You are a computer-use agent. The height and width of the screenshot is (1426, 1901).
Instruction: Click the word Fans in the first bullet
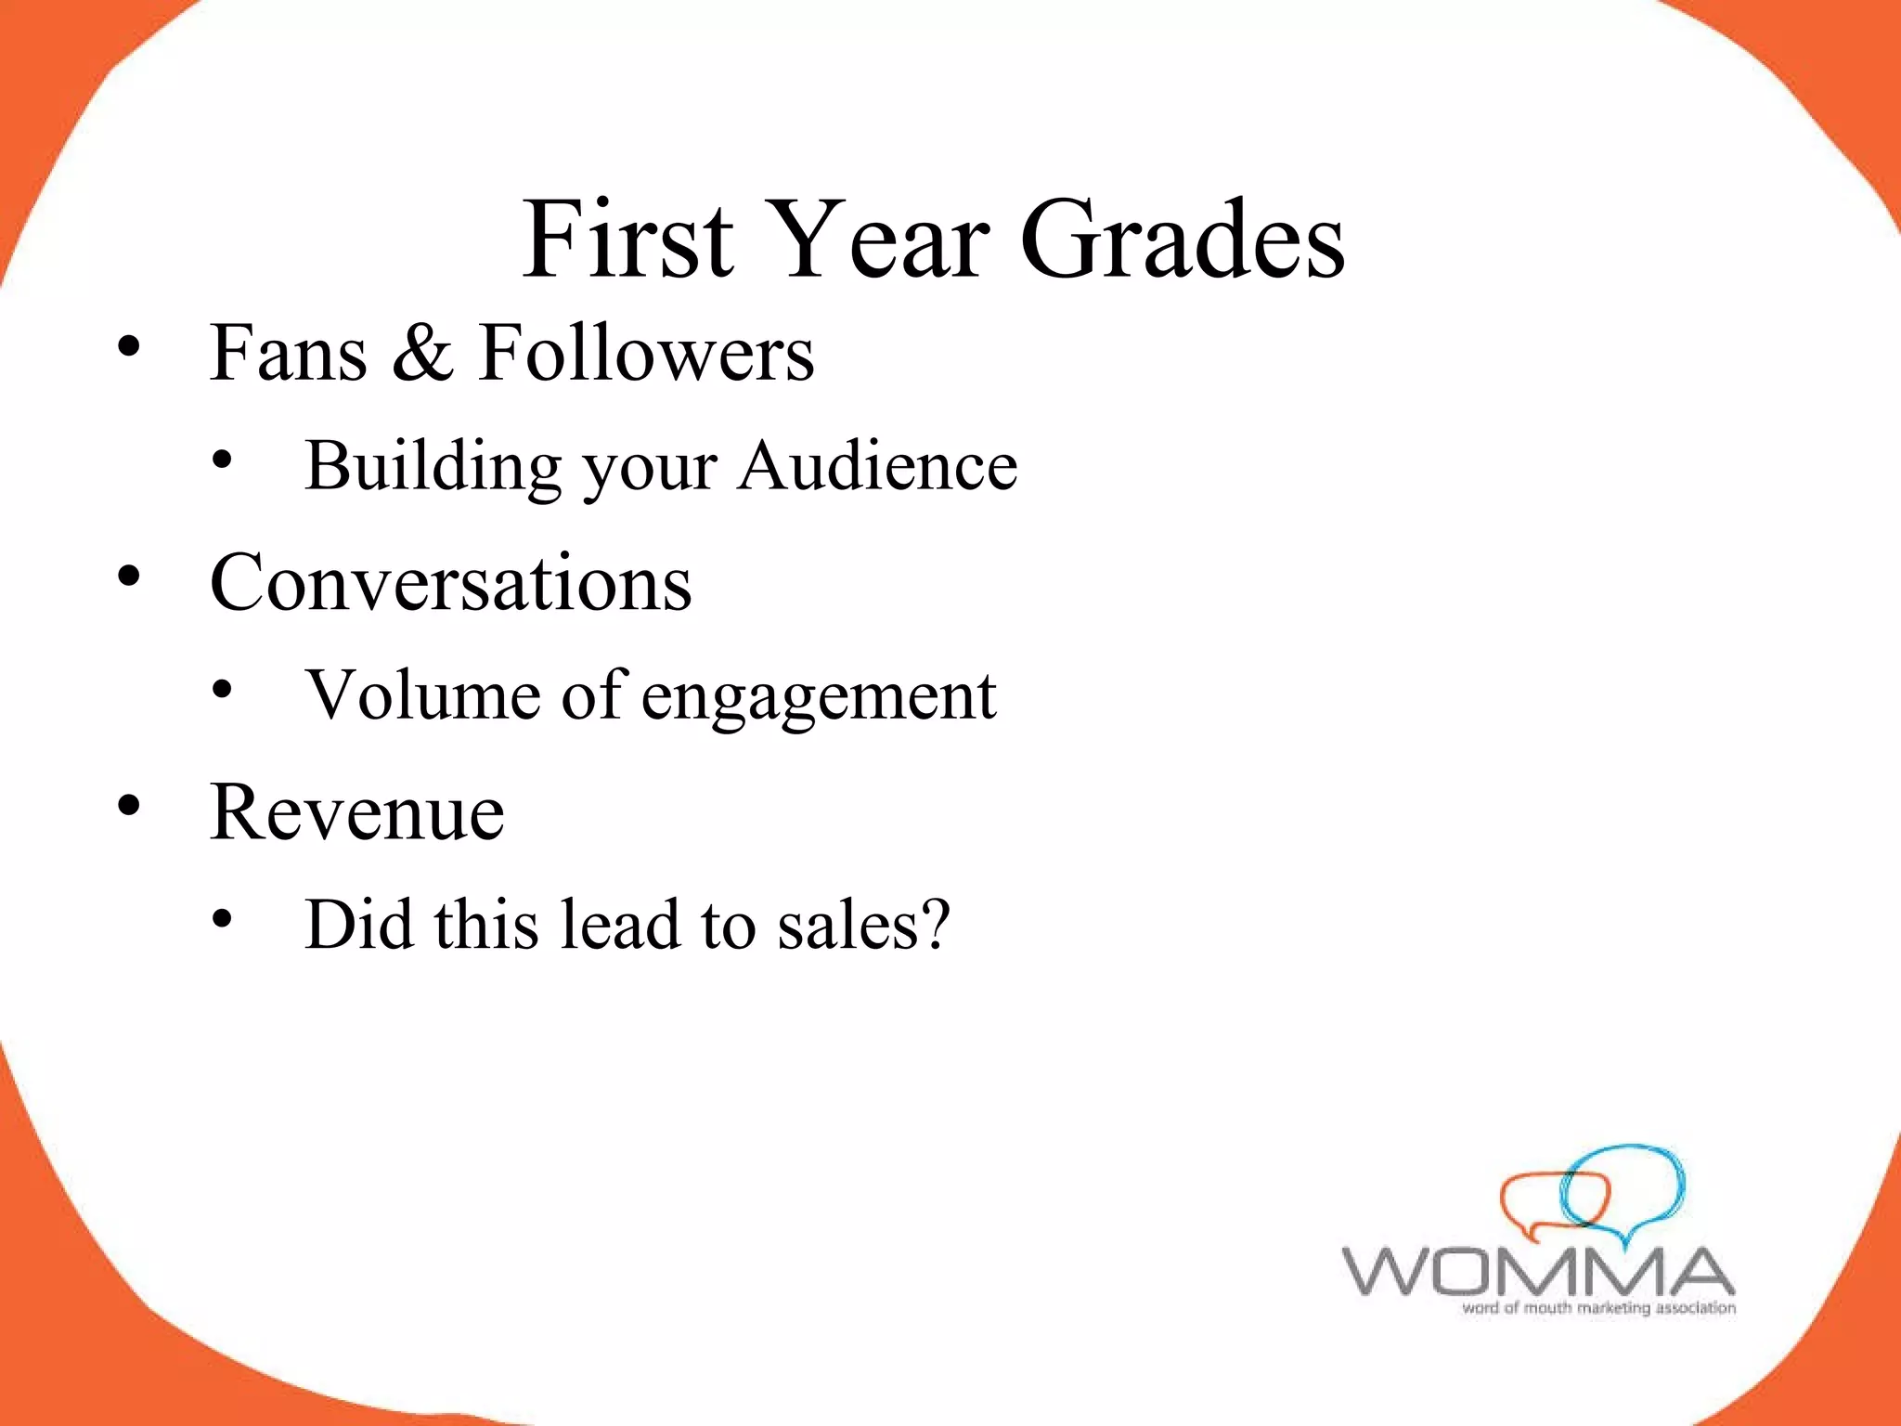(289, 353)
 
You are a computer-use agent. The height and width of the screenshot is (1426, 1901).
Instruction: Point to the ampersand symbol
(423, 353)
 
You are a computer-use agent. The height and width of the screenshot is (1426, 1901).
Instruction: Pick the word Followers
(646, 353)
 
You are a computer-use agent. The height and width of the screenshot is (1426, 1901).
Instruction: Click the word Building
(433, 466)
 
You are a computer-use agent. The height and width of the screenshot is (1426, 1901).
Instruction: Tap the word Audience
(878, 466)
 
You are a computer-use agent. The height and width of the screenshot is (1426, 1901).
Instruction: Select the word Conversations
(451, 583)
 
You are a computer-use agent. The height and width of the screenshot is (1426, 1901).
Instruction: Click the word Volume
(423, 694)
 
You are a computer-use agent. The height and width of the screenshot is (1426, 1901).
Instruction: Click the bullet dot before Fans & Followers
(129, 347)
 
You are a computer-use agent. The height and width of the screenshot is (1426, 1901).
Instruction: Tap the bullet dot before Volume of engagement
(222, 690)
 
